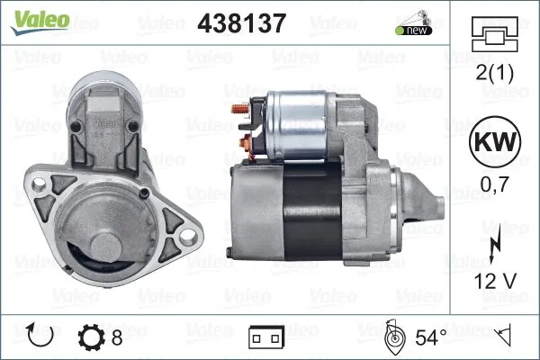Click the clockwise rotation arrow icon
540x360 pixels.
click(x=41, y=337)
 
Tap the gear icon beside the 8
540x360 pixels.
click(x=92, y=338)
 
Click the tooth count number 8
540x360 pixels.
click(x=117, y=338)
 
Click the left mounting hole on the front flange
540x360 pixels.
click(x=38, y=185)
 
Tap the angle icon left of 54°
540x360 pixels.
click(x=393, y=338)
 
